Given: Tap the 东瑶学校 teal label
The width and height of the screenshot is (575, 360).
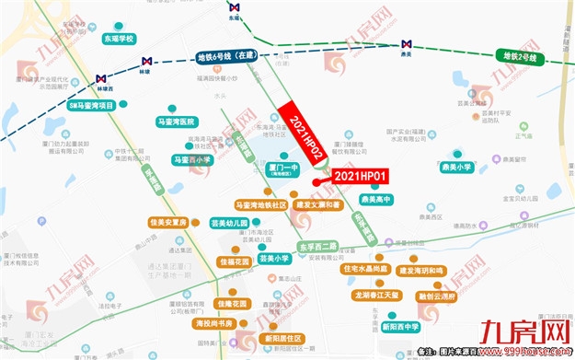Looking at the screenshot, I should (x=119, y=39).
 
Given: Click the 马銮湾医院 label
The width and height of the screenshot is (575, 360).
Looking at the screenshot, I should (x=177, y=122).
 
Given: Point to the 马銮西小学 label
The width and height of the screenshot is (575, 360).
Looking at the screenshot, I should (x=192, y=159).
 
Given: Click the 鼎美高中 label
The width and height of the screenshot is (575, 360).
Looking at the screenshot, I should (x=377, y=199).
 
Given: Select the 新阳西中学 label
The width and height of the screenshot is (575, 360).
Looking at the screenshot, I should (x=400, y=326).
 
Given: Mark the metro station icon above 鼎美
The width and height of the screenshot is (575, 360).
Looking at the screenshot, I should (x=406, y=44).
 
